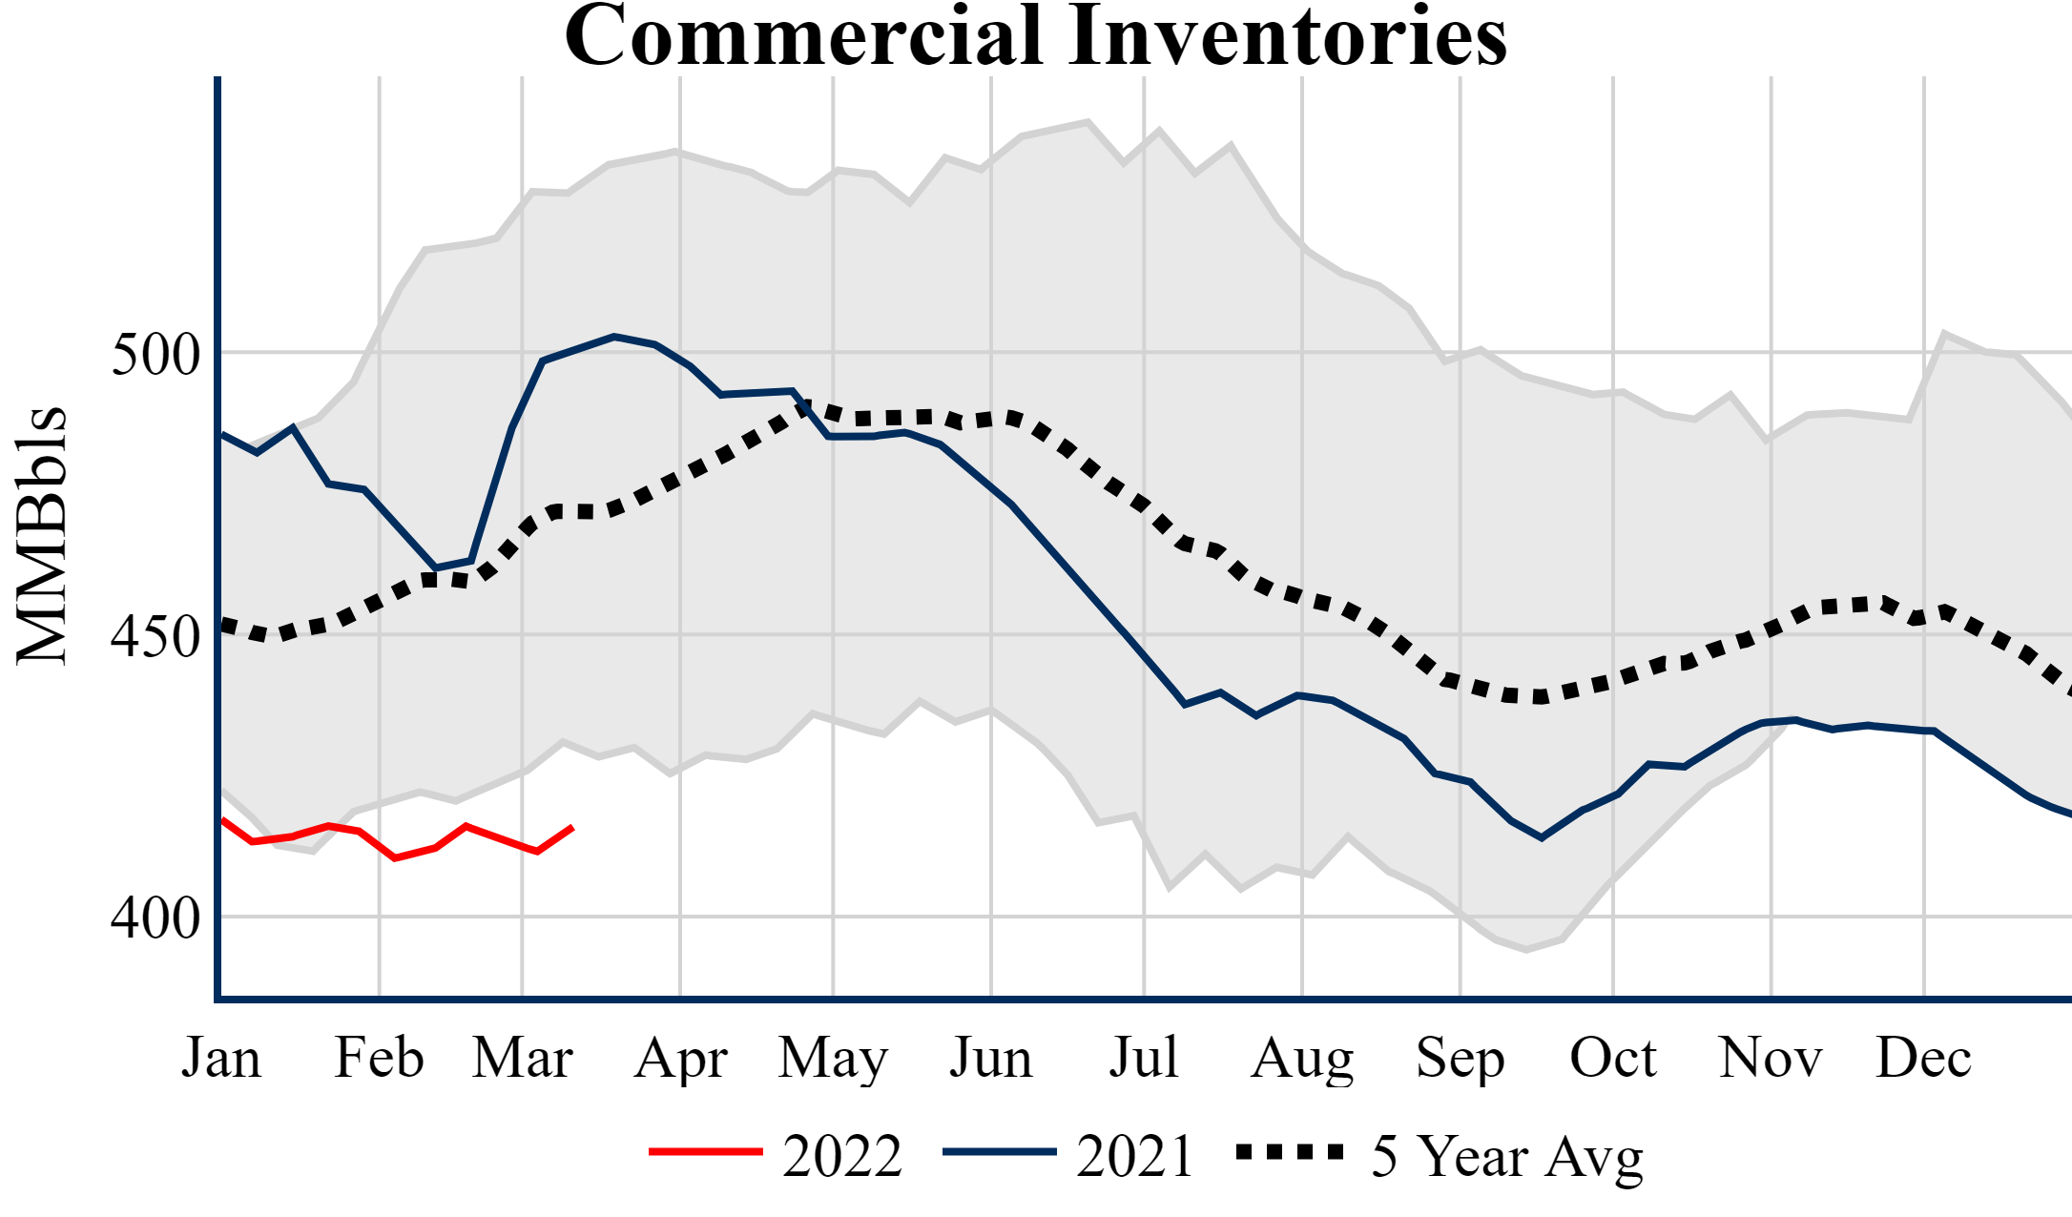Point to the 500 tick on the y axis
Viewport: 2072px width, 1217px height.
pyautogui.click(x=156, y=354)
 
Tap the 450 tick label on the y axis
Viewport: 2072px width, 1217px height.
pyautogui.click(x=156, y=636)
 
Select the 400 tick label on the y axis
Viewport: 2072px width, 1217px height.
pyautogui.click(x=156, y=918)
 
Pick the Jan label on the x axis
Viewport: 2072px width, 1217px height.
pyautogui.click(x=221, y=1058)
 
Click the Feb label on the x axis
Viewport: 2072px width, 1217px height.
pyautogui.click(x=379, y=1058)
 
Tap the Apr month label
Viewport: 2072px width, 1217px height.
pyautogui.click(x=680, y=1060)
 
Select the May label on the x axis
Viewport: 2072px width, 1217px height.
pyautogui.click(x=833, y=1060)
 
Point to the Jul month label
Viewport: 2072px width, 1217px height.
pyautogui.click(x=1143, y=1058)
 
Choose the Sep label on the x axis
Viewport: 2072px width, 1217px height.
pyautogui.click(x=1460, y=1060)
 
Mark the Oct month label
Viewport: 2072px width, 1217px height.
pyautogui.click(x=1613, y=1058)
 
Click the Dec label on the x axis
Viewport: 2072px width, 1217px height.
pyautogui.click(x=1923, y=1058)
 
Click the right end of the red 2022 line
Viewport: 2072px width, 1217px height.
pyautogui.click(x=572, y=827)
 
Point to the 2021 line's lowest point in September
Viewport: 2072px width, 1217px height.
pyautogui.click(x=1542, y=838)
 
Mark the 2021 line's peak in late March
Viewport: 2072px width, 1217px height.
pyautogui.click(x=614, y=336)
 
